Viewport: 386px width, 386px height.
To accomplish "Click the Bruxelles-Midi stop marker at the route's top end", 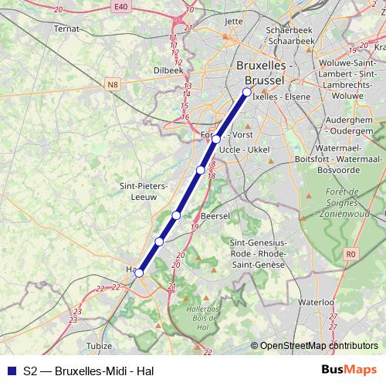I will click(247, 93).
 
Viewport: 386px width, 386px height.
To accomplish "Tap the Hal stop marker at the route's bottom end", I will click(139, 273).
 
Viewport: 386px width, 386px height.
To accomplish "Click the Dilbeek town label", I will click(168, 69).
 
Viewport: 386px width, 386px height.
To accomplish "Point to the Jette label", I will click(232, 22).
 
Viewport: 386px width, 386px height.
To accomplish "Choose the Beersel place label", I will click(215, 216).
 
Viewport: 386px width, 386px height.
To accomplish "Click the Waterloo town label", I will click(316, 302).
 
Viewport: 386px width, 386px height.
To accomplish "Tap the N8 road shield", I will click(113, 84).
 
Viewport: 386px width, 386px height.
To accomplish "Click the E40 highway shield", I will click(118, 7).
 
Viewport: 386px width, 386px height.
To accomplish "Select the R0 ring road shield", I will click(352, 252).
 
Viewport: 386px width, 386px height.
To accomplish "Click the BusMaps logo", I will click(349, 371).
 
